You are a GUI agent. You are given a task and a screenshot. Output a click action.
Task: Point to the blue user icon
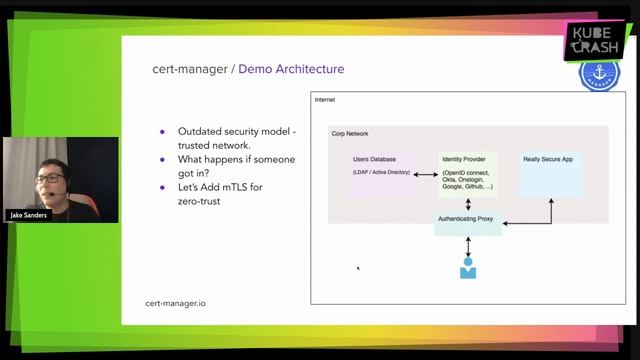(467, 268)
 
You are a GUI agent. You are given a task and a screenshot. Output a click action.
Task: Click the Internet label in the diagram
(325, 100)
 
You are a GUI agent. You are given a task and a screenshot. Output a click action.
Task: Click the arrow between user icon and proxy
(467, 246)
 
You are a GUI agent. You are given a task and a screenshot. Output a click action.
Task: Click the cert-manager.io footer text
(176, 302)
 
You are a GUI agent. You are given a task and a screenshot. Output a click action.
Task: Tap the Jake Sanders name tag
(30, 214)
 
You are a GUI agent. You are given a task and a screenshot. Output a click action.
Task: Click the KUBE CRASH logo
(596, 41)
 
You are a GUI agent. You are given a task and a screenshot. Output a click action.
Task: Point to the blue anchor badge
(600, 75)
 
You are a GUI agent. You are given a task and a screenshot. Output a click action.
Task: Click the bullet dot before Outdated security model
(163, 131)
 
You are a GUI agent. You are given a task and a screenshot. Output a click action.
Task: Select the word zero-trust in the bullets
(201, 201)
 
